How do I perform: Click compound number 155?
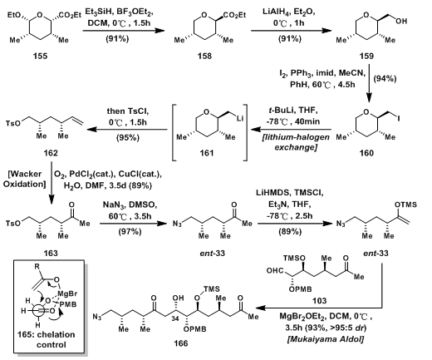(x=40, y=57)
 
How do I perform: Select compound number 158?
(x=204, y=57)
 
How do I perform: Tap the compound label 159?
(x=366, y=57)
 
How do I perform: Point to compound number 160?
(x=366, y=153)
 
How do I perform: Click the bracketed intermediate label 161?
(x=207, y=153)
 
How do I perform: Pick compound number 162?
(x=51, y=153)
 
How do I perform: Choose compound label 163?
(x=51, y=253)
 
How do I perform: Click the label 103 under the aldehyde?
(x=319, y=301)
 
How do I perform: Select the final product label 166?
(x=181, y=343)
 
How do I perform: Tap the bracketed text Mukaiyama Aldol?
(x=326, y=339)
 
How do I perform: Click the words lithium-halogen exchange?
(x=296, y=142)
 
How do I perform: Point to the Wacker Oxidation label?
(x=24, y=179)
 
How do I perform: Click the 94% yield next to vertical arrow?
(x=385, y=79)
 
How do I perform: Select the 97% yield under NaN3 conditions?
(x=130, y=231)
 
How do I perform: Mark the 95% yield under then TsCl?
(x=128, y=137)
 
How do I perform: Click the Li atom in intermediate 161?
(x=240, y=118)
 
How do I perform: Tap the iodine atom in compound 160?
(x=399, y=118)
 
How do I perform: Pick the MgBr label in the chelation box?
(x=67, y=293)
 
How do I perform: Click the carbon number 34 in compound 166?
(x=175, y=318)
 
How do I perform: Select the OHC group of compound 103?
(x=274, y=270)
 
